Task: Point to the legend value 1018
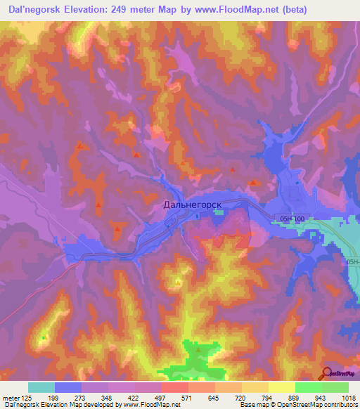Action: pyautogui.click(x=348, y=398)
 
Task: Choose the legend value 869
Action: pyautogui.click(x=282, y=398)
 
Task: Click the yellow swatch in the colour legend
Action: pyautogui.click(x=281, y=387)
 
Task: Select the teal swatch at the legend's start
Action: pyautogui.click(x=41, y=387)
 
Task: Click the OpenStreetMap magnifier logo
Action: pyautogui.click(x=326, y=372)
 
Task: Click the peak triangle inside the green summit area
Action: pyautogui.click(x=198, y=349)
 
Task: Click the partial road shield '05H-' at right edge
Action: pyautogui.click(x=352, y=261)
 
